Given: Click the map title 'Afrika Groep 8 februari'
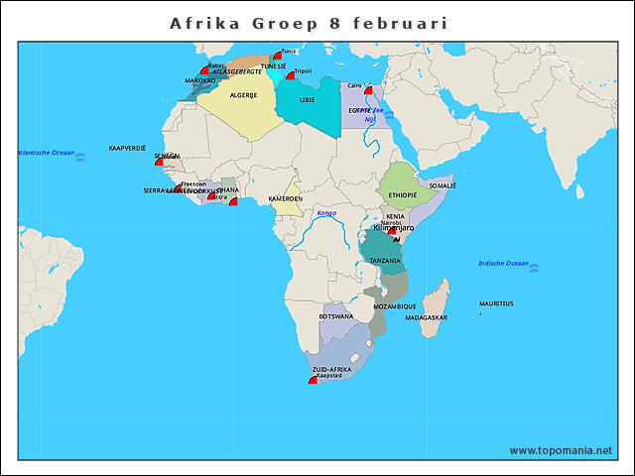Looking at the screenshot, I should pyautogui.click(x=308, y=22).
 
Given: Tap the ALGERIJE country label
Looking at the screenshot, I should pyautogui.click(x=243, y=95).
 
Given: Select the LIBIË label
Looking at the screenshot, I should pyautogui.click(x=308, y=100).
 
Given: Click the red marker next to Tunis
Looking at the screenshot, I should pyautogui.click(x=277, y=57).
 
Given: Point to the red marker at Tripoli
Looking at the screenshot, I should pyautogui.click(x=290, y=73).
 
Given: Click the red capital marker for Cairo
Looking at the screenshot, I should pyautogui.click(x=368, y=89).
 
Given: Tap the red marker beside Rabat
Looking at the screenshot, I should pyautogui.click(x=204, y=70).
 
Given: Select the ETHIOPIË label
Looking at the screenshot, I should pyautogui.click(x=403, y=194).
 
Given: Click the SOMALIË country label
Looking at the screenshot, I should pyautogui.click(x=442, y=185).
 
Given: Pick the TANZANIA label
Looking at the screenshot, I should pyautogui.click(x=385, y=260).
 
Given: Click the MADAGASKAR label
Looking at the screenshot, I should pyautogui.click(x=427, y=317).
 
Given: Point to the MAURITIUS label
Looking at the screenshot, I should pyautogui.click(x=496, y=303).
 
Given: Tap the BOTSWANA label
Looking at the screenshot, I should pyautogui.click(x=335, y=316).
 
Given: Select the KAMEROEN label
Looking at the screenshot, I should pyautogui.click(x=286, y=198).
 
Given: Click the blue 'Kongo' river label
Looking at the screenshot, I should pyautogui.click(x=325, y=213).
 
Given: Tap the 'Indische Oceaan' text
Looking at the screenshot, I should pyautogui.click(x=503, y=263).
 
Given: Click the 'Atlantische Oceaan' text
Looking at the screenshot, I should pyautogui.click(x=46, y=153).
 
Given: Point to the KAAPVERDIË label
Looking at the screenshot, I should pyautogui.click(x=127, y=147).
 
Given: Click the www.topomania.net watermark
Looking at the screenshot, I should pyautogui.click(x=561, y=450).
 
